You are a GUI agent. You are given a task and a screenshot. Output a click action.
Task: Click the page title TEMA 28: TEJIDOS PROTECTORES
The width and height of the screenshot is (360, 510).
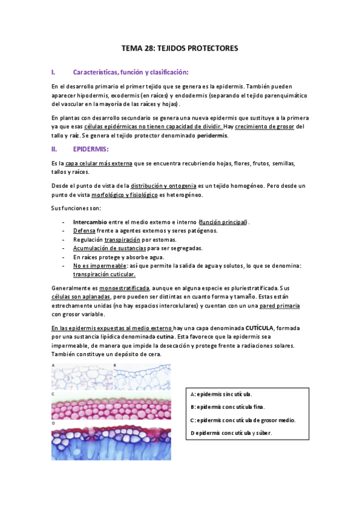(x=180, y=48)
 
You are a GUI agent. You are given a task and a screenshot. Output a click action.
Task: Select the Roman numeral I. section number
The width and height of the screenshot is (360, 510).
(x=53, y=72)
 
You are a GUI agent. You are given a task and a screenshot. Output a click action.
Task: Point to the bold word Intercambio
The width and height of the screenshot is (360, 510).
(x=90, y=222)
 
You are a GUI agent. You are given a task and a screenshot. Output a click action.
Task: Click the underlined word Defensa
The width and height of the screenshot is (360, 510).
(x=84, y=230)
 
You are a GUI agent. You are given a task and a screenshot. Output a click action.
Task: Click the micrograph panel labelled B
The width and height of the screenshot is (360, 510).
(x=142, y=378)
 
